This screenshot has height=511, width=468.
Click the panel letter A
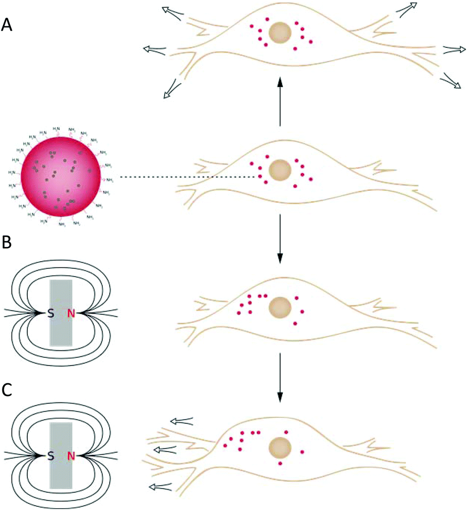coord(8,24)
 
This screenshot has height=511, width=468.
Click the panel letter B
coord(7,242)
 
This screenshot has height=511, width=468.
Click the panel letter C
coord(7,390)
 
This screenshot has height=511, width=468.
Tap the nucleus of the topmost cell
coord(280,33)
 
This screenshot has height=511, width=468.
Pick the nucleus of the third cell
coord(280,307)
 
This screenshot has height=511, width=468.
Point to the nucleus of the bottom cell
coord(280,448)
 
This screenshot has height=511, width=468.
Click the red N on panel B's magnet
coord(71,313)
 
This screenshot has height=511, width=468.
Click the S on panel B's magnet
coord(50,313)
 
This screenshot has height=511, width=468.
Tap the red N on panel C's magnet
coord(71,456)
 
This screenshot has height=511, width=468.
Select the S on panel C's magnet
coord(50,456)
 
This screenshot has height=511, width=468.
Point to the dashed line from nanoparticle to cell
coord(187,178)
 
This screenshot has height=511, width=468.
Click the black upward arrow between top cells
coord(280,100)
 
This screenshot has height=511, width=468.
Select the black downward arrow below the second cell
coord(280,239)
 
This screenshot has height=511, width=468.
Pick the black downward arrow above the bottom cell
coord(280,378)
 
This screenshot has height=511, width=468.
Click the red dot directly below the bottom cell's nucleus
coord(280,463)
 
